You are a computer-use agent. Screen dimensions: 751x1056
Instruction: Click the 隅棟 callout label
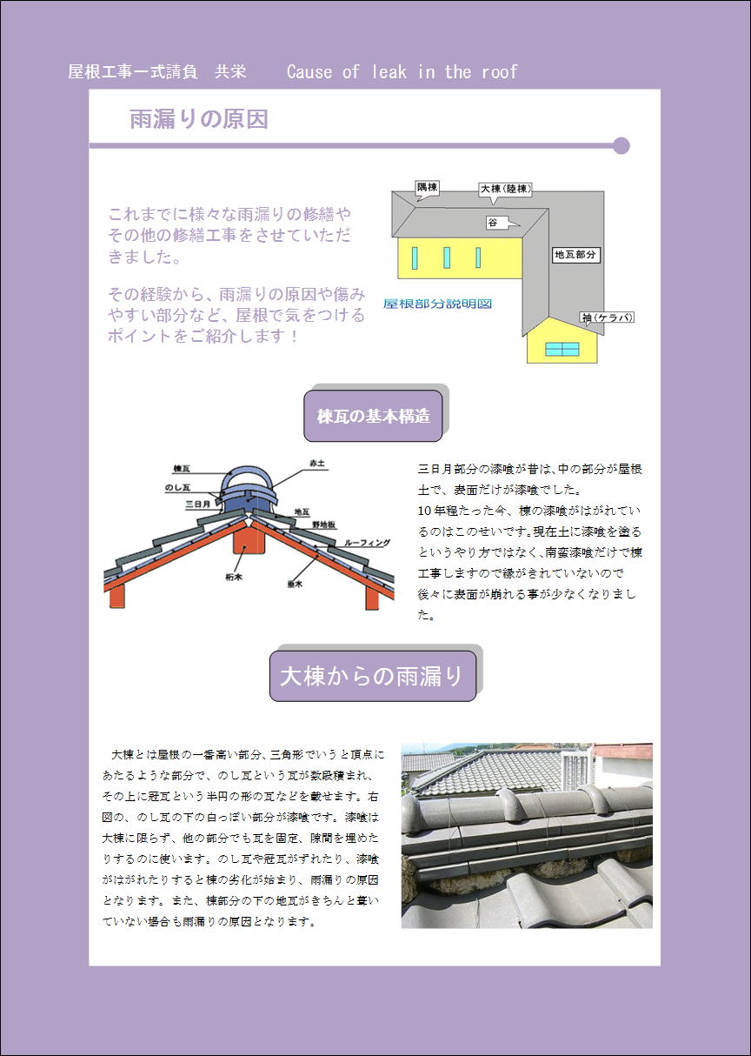point(428,188)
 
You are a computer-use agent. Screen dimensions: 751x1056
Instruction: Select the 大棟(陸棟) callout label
point(505,189)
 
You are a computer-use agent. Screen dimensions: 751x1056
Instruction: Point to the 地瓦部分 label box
point(575,255)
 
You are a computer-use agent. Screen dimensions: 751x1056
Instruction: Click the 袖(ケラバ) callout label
point(607,317)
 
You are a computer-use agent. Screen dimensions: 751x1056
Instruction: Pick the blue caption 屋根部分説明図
point(437,304)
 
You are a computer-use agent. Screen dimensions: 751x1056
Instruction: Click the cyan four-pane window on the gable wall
point(562,350)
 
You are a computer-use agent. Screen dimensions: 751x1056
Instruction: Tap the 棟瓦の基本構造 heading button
point(373,416)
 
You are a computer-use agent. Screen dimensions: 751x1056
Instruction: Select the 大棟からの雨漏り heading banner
point(373,676)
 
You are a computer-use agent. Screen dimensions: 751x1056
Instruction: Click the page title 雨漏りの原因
point(199,119)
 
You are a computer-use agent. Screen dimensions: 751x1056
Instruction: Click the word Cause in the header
point(309,71)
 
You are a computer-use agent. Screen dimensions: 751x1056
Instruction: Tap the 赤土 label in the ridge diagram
point(317,464)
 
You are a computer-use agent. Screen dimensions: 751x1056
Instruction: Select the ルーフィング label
point(368,543)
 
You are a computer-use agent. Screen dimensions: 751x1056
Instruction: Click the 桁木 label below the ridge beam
point(234,577)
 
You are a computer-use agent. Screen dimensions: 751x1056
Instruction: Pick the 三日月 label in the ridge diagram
point(198,504)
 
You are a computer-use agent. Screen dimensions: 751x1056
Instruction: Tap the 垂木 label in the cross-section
point(295,584)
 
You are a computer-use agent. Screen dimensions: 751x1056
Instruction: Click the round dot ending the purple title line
point(621,145)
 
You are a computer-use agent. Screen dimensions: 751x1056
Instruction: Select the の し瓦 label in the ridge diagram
point(177,487)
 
